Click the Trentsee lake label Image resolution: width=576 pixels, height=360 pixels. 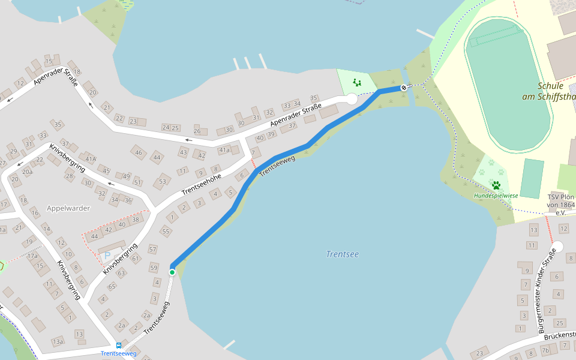coord(342,254)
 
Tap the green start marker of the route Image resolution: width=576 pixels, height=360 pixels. coord(172,272)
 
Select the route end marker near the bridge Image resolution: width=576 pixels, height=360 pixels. coord(404,88)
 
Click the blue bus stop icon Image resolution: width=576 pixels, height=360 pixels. coord(119,346)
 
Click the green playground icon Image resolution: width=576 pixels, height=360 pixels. coord(357,82)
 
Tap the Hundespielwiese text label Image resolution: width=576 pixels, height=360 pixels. coord(496,196)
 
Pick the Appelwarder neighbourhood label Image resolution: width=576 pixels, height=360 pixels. coord(68,209)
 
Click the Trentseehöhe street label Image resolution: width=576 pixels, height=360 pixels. coord(202,185)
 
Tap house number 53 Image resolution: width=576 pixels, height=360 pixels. coord(163,181)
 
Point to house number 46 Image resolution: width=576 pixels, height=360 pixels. coord(139,153)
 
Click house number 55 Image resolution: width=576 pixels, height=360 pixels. coord(166,231)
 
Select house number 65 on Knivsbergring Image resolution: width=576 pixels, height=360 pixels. coord(112,287)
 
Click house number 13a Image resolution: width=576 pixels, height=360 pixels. coord(57,342)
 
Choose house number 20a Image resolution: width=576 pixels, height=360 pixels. coord(27,172)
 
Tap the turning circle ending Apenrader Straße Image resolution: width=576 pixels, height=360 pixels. coord(352,100)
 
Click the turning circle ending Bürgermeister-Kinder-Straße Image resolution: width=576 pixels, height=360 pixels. coord(558,247)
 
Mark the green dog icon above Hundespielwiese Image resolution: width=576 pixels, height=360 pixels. coord(496,185)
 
